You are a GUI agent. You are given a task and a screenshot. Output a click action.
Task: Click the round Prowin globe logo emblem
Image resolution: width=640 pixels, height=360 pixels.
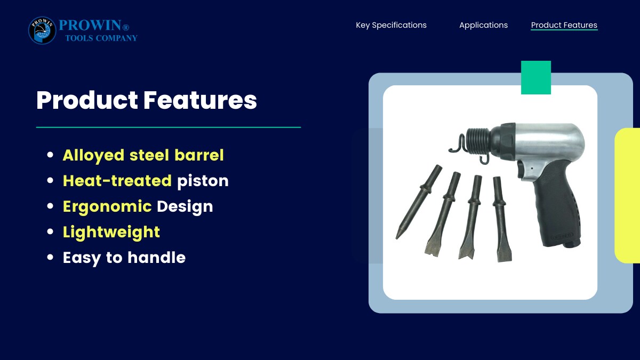pyautogui.click(x=42, y=30)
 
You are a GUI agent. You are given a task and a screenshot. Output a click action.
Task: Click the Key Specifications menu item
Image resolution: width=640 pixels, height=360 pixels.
pyautogui.click(x=391, y=25)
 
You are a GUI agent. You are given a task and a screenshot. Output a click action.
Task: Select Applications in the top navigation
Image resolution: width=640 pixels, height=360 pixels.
pyautogui.click(x=483, y=25)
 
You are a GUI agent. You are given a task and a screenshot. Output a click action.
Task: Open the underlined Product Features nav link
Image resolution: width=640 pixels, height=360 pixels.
pyautogui.click(x=564, y=25)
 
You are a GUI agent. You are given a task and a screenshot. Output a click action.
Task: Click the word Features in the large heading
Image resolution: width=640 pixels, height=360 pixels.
pyautogui.click(x=200, y=100)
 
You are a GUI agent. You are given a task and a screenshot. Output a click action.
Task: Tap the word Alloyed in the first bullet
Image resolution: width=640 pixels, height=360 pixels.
pyautogui.click(x=93, y=156)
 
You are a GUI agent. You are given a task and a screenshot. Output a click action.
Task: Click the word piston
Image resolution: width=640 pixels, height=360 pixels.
pyautogui.click(x=203, y=181)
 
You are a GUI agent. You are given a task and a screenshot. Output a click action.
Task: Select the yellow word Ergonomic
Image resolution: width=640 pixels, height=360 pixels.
pyautogui.click(x=107, y=207)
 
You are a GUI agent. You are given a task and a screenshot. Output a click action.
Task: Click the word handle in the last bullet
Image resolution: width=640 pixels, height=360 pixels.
pyautogui.click(x=157, y=258)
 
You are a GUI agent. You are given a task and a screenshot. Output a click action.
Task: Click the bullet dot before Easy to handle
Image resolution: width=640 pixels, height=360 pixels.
pyautogui.click(x=50, y=257)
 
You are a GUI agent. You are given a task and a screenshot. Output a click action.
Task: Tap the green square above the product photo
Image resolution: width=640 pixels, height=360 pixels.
pyautogui.click(x=535, y=77)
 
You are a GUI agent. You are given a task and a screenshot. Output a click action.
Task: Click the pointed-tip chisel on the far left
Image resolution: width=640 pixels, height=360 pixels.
pyautogui.click(x=419, y=202)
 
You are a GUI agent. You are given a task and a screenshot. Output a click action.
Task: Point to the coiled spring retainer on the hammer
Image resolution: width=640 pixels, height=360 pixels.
pyautogui.click(x=478, y=141)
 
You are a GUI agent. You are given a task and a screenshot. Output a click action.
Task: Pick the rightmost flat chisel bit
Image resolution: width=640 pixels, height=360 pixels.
pyautogui.click(x=501, y=219)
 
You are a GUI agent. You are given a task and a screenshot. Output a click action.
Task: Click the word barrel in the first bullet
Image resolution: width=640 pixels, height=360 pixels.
pyautogui.click(x=199, y=155)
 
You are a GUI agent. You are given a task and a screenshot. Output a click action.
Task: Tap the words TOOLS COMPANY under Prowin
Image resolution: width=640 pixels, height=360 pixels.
pyautogui.click(x=101, y=38)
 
